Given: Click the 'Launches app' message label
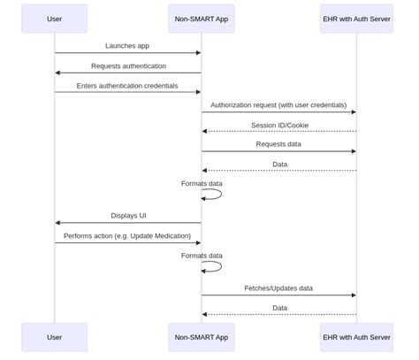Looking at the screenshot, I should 127,45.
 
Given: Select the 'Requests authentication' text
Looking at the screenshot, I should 127,65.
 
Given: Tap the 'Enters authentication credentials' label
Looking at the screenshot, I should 127,86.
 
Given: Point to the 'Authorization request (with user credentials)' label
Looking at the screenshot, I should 278,105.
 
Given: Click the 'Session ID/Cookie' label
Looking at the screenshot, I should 279,125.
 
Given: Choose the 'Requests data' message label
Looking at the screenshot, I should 278,144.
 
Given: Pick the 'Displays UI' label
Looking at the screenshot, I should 128,215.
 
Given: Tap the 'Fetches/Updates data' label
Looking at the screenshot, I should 278,287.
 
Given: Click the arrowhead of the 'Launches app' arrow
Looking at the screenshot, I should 198,53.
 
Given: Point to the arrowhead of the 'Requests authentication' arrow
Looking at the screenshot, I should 57,73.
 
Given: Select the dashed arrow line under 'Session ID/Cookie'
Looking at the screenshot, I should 278,131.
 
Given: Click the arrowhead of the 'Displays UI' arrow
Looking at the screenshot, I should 57,223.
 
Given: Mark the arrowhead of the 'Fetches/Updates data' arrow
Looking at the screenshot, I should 354,295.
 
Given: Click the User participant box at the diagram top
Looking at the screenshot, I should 54,19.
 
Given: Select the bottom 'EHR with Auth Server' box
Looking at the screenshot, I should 356,337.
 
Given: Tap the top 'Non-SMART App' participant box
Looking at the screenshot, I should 202,19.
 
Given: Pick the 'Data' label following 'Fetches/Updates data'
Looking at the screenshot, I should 279,308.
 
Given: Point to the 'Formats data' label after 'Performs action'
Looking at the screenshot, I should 202,256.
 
